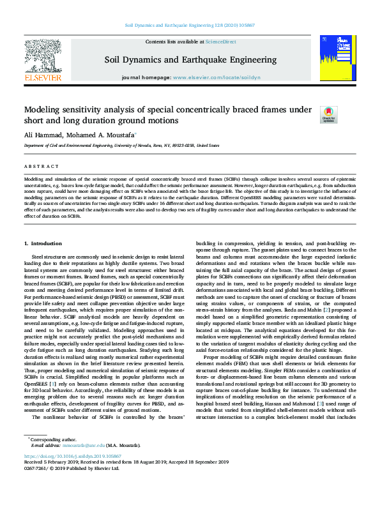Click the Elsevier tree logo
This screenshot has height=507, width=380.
(42, 57)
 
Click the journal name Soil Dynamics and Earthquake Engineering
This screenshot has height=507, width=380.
(189, 59)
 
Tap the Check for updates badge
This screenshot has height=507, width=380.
(310, 115)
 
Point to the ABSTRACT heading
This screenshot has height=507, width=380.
(37, 167)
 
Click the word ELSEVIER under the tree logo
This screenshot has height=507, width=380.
(42, 77)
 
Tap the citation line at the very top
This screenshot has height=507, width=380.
(190, 26)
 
